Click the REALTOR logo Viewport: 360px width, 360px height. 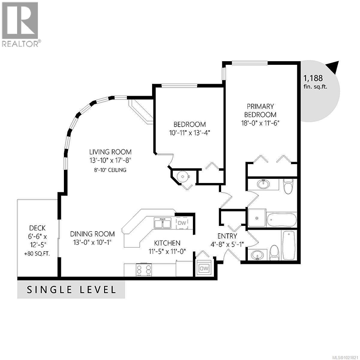pos(20,24)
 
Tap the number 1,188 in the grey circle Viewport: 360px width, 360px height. pos(313,78)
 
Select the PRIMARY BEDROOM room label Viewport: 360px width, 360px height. pos(260,110)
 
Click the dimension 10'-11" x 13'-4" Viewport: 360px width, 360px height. pos(190,133)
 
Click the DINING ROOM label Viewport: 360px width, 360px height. pos(92,234)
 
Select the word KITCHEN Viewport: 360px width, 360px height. pos(167,243)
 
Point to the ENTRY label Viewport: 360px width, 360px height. pos(227,236)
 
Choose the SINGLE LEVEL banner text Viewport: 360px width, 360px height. pos(71,290)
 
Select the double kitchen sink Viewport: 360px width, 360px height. pos(163,223)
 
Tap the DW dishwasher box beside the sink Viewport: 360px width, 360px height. pos(182,223)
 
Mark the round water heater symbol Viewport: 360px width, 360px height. pos(183,177)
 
